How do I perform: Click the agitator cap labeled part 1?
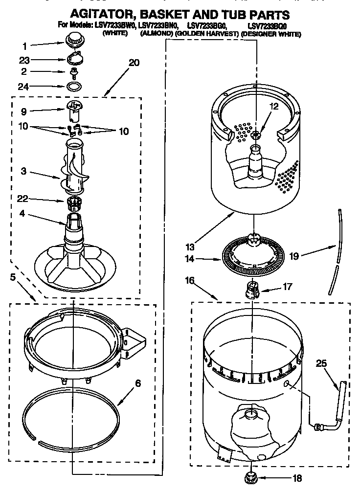tap(75, 38)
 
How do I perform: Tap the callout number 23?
tap(24, 61)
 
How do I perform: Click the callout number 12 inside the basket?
tap(273, 106)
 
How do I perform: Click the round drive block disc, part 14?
tap(253, 253)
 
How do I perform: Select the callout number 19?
tap(296, 255)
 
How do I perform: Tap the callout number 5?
tap(14, 277)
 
